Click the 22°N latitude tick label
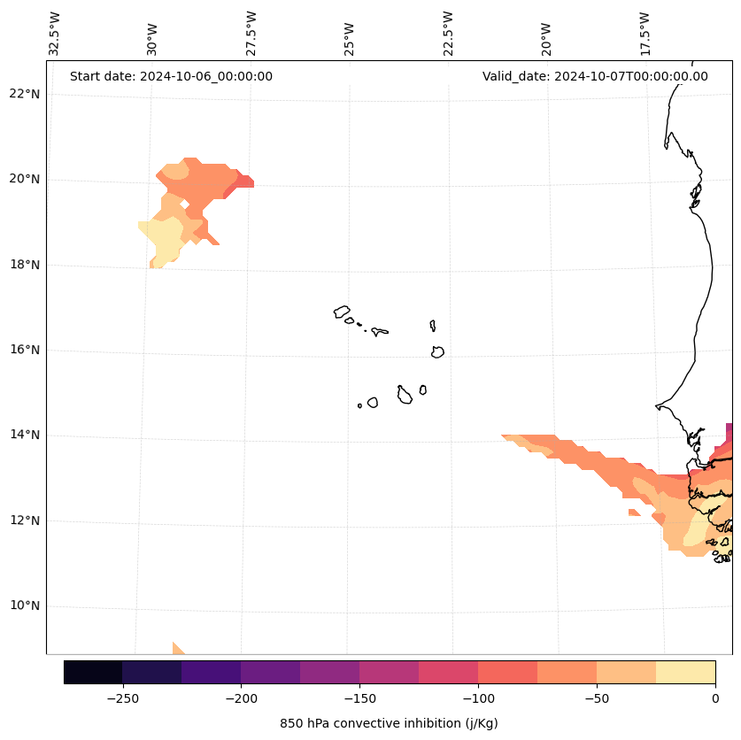tap(25, 94)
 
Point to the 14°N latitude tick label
tap(25, 435)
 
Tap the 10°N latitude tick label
tap(25, 605)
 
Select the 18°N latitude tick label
tap(25, 265)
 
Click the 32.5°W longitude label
tap(55, 34)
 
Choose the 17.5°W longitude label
tap(645, 34)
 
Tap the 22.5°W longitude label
tap(448, 34)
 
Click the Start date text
tap(171, 76)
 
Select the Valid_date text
tap(595, 76)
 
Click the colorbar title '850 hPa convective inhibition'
tap(389, 723)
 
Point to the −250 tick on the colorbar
tap(122, 698)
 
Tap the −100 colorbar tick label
tap(478, 698)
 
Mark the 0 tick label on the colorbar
tap(714, 698)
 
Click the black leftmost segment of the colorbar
tap(93, 672)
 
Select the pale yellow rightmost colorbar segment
tap(685, 672)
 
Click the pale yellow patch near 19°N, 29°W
tap(164, 237)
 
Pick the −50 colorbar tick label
tap(596, 698)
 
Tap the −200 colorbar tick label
tap(241, 698)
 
